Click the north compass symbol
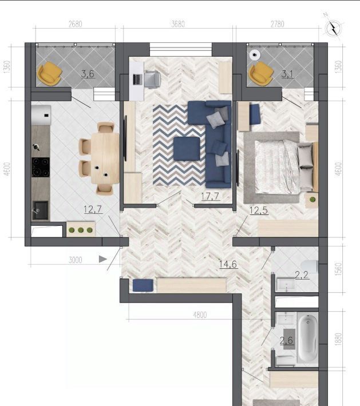coord(334,27)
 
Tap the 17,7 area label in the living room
coord(210,197)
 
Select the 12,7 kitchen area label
coord(93,209)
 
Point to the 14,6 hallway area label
coord(228,264)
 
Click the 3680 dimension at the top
coord(178,24)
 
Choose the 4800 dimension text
coord(200,315)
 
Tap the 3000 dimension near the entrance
coord(75,260)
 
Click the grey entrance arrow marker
coord(103,259)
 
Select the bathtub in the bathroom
coord(307,337)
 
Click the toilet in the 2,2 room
coord(310,266)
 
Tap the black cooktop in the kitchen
coord(41,168)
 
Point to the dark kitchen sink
coord(40,210)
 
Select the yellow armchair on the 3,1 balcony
coord(261,73)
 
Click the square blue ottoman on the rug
coord(187,149)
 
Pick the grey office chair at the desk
coord(152,79)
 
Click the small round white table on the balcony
coord(255,55)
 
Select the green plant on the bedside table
coord(312,200)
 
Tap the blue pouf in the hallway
coord(143,285)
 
